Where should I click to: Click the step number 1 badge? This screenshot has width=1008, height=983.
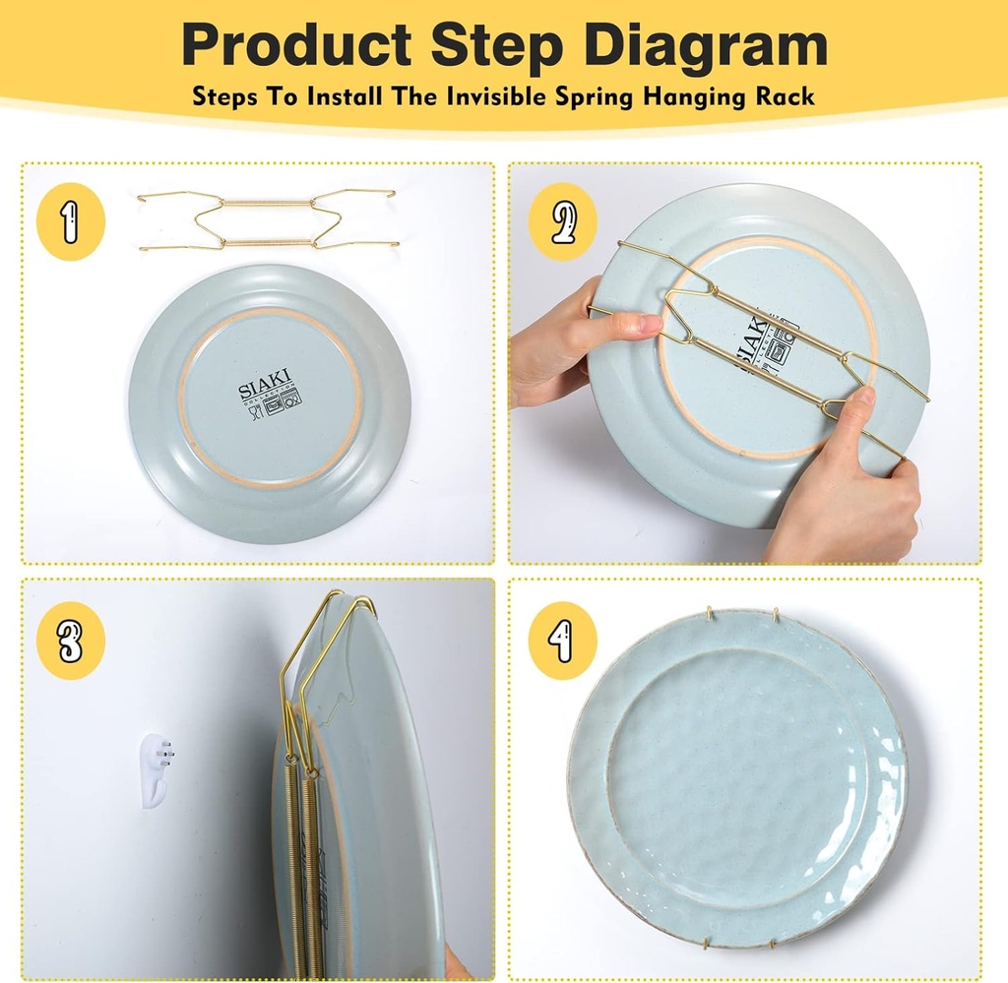[x=70, y=224]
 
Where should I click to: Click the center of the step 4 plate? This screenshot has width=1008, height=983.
[x=738, y=777]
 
